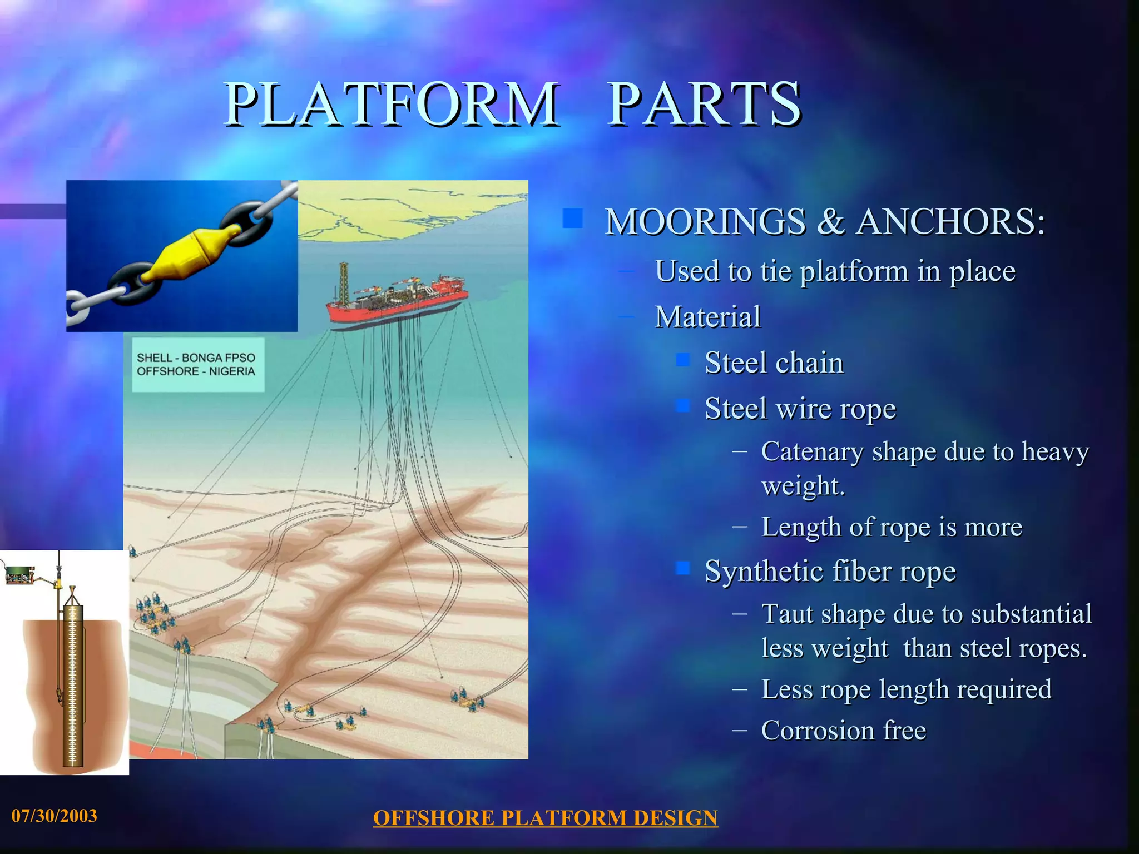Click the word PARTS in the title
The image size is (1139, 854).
coord(704,104)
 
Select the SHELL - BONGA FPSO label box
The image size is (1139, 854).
coord(197,365)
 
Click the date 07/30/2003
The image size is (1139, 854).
coord(54,816)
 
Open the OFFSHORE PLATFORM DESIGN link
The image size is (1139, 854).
coord(545,818)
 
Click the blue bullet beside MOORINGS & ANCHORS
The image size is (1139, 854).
coord(572,219)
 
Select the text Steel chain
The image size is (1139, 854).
coord(774,363)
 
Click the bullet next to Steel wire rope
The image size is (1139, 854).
coord(683,405)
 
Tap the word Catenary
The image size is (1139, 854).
coord(811,451)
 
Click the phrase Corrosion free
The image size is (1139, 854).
coord(843,731)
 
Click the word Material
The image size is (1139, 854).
coord(707,317)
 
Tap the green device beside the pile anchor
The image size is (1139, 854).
coord(19,574)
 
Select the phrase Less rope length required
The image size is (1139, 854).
coord(906,689)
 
